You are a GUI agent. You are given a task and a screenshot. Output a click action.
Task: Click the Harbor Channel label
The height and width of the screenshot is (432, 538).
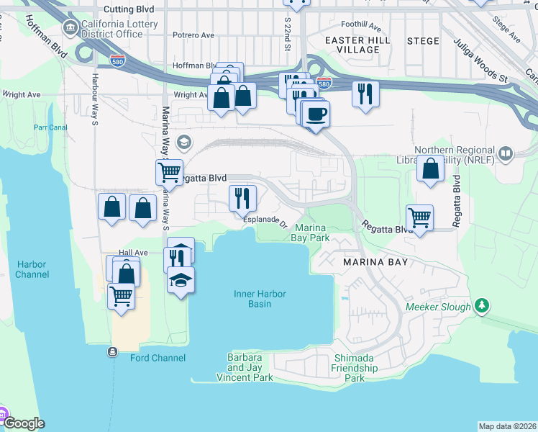click(x=32, y=269)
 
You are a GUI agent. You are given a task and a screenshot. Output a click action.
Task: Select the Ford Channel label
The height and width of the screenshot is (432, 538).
click(x=158, y=358)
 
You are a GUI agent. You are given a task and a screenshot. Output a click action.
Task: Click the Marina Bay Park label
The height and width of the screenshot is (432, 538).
click(x=311, y=232)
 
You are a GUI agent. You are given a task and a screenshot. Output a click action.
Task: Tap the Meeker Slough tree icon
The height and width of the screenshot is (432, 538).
click(x=483, y=306)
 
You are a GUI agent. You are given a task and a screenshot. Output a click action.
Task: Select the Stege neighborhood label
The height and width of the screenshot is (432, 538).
click(x=423, y=41)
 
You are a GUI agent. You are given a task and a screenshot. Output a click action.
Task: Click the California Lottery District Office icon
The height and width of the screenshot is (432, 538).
click(x=70, y=29)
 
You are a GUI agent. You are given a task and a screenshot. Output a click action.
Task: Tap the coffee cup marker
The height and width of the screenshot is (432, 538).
click(x=315, y=114)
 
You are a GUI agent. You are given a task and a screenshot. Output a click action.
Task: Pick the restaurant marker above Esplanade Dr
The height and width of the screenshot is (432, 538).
click(x=242, y=197)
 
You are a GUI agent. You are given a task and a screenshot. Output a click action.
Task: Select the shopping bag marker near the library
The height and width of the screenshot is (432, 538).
click(x=429, y=168)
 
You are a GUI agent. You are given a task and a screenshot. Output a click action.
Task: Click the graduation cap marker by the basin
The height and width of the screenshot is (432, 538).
click(x=181, y=279)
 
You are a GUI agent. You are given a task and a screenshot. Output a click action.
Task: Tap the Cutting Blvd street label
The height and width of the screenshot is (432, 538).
click(x=129, y=9)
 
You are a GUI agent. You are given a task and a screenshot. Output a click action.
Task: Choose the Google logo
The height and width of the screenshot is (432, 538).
click(x=23, y=423)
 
